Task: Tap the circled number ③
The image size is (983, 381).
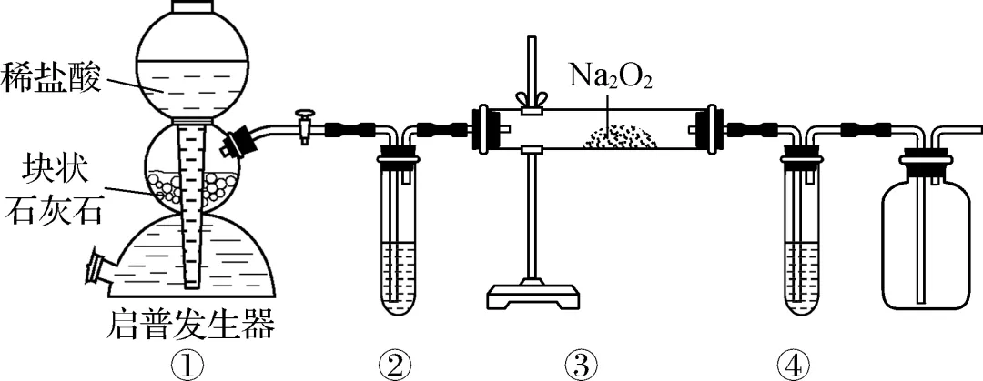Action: click(x=581, y=365)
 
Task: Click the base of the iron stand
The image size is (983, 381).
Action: click(x=534, y=296)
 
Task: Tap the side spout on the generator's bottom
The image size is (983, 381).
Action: click(x=99, y=269)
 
